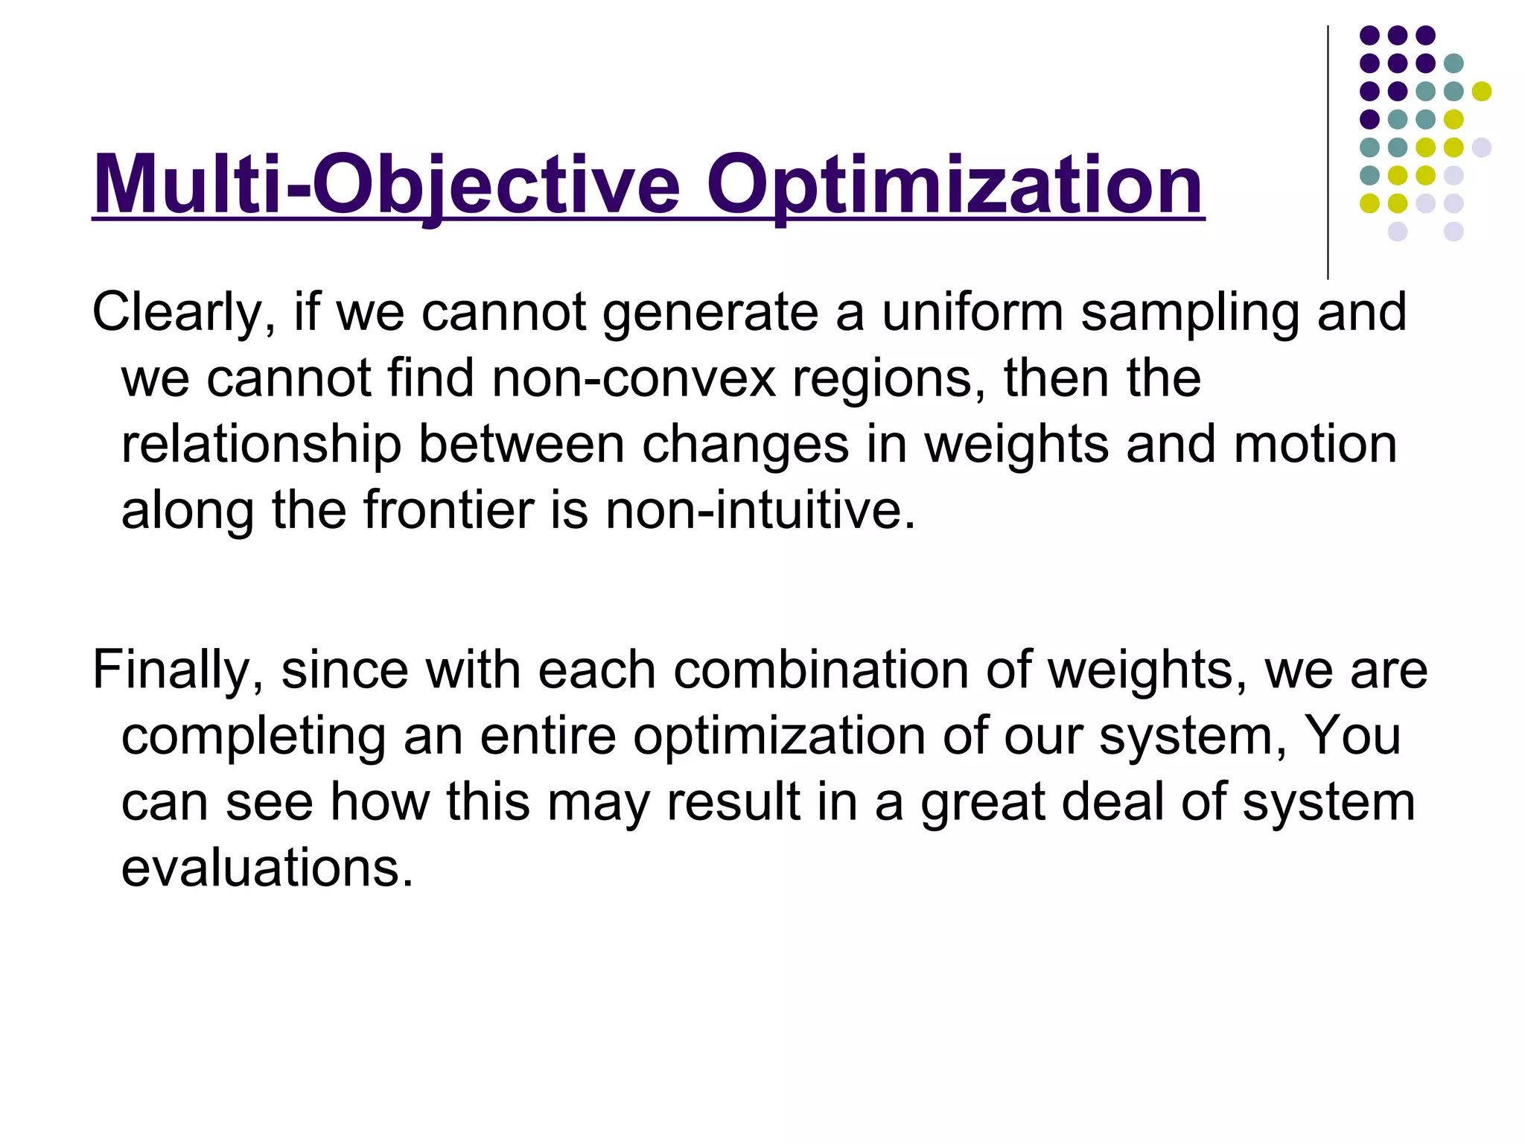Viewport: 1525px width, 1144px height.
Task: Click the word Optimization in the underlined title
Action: pos(955,185)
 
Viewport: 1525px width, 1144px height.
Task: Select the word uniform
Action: pos(972,311)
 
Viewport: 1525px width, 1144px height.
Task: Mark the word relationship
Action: pos(261,445)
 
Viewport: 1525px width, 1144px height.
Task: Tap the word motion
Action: pos(1315,444)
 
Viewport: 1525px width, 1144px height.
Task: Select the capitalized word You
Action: pos(1353,735)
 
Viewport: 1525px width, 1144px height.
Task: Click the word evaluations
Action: pos(267,868)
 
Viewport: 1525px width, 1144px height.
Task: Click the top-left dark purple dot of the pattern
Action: pos(1369,35)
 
